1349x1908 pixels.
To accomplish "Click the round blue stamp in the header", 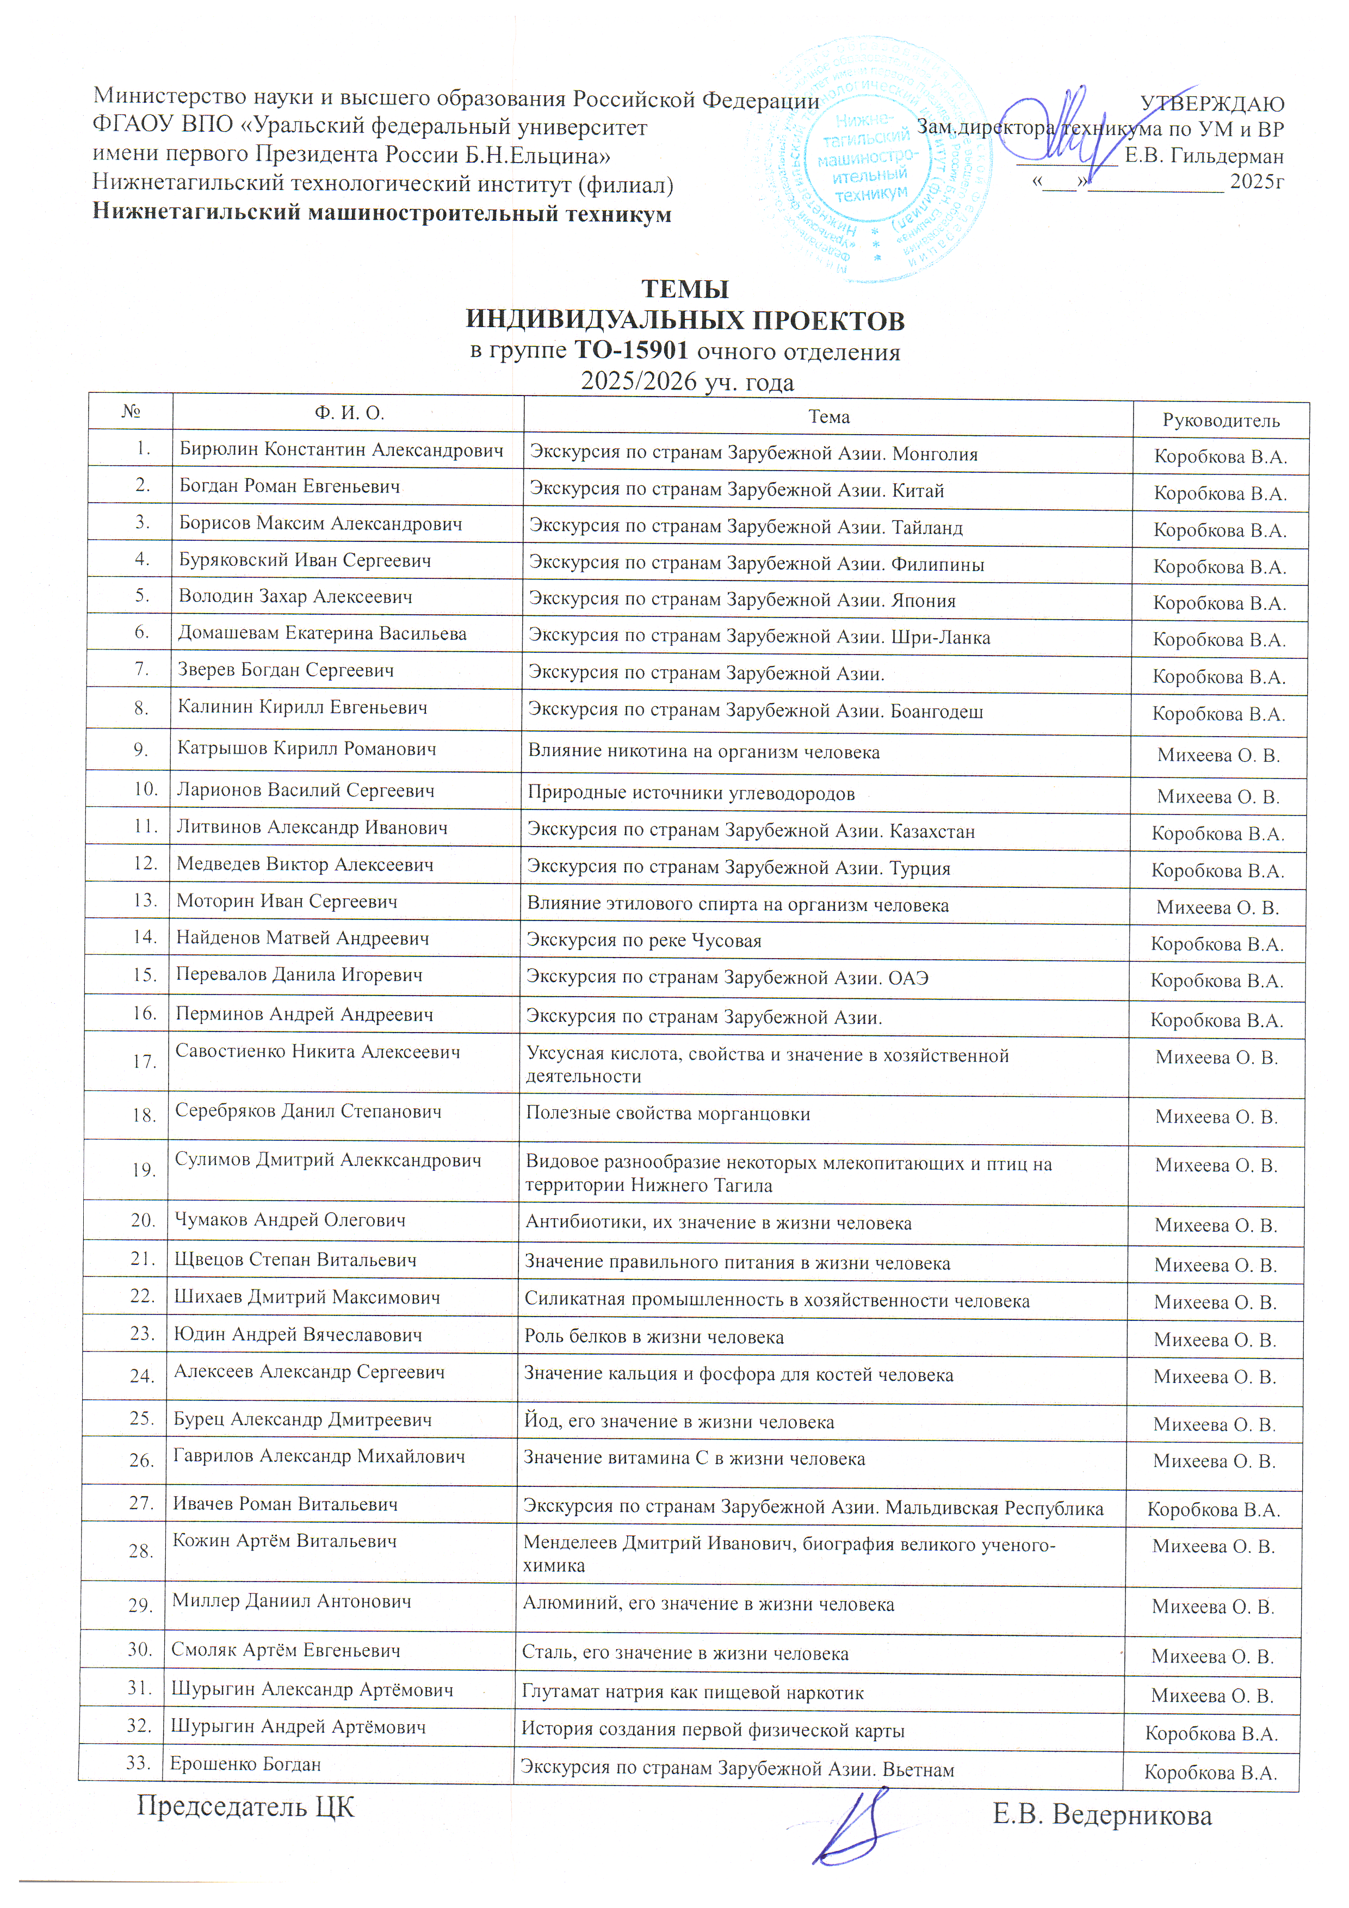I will point(871,159).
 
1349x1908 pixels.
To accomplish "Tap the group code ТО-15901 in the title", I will point(632,350).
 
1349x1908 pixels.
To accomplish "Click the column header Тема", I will point(828,416).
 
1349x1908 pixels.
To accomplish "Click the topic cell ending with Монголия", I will point(753,454).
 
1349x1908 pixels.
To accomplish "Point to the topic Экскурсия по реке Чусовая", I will point(643,940).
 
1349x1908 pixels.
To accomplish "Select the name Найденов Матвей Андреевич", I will point(302,938).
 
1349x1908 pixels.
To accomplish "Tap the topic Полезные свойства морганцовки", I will point(667,1114).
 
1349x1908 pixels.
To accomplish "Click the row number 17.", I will point(145,1061).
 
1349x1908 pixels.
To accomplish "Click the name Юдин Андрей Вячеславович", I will point(298,1335).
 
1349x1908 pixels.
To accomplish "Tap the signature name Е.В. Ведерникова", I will point(1102,1816).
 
